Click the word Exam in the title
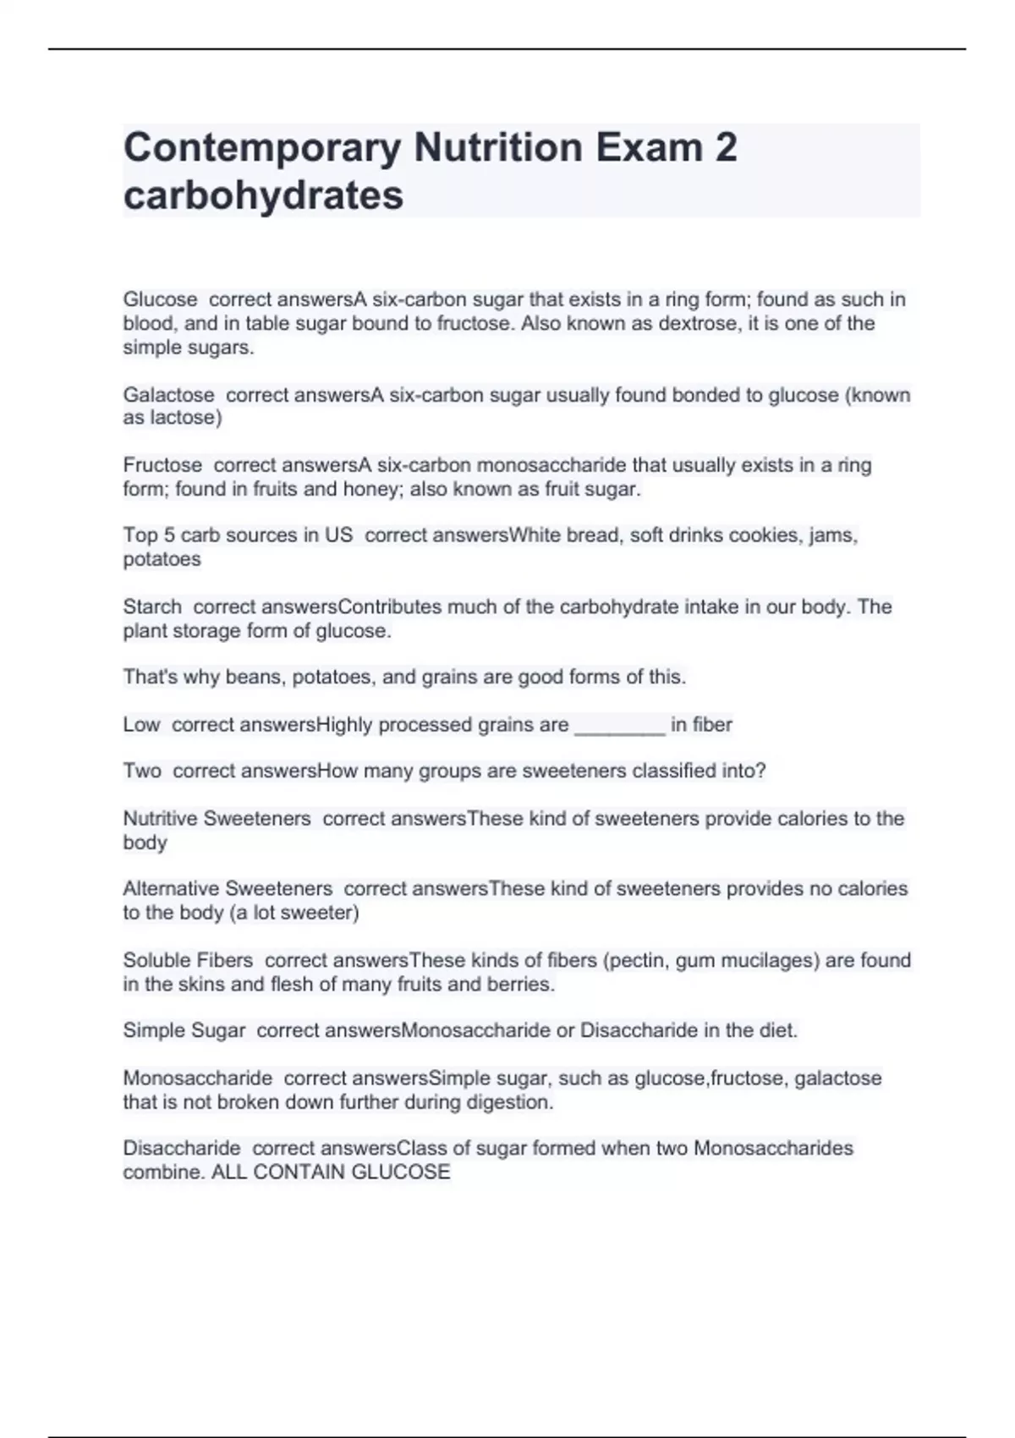[x=649, y=147]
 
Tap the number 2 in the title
[x=726, y=147]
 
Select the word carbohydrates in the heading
[x=263, y=195]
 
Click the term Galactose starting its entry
[x=168, y=395]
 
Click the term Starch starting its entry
[x=152, y=606]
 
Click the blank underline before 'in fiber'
[x=619, y=725]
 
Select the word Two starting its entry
[x=141, y=771]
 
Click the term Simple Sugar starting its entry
[x=184, y=1030]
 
